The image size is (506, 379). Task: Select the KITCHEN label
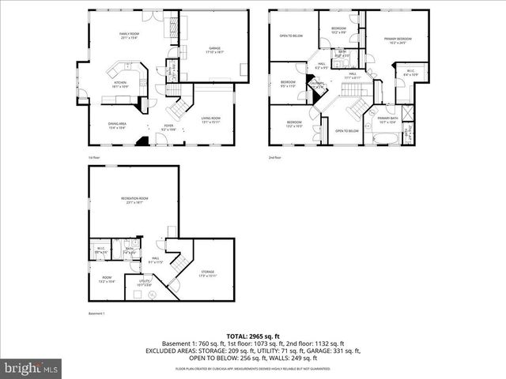(120, 84)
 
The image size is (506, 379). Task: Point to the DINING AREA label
(118, 125)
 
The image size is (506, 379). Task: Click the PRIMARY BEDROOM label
(398, 39)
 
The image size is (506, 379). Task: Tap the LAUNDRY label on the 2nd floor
(316, 84)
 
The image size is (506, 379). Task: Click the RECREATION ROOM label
(135, 200)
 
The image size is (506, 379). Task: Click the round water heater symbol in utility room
(153, 294)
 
